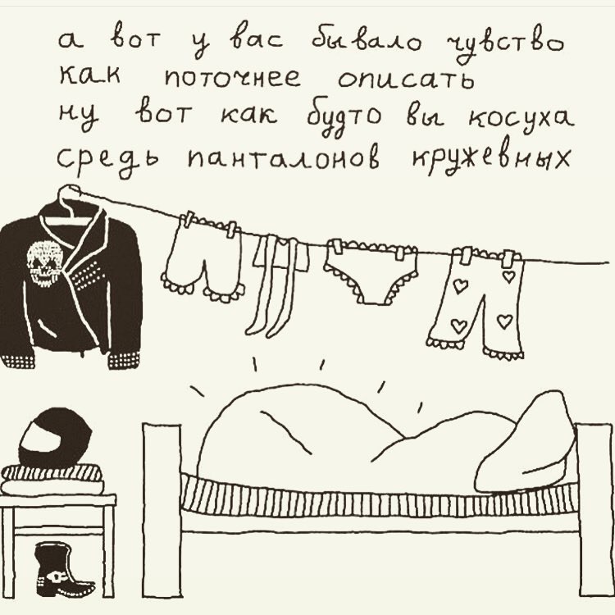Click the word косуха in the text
tap(521, 117)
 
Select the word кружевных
tap(490, 158)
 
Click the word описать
tap(406, 78)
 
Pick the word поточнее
tap(233, 77)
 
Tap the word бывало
tap(367, 41)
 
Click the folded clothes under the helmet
tap(52, 480)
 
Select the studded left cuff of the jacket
tap(18, 360)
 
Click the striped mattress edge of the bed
tap(379, 496)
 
